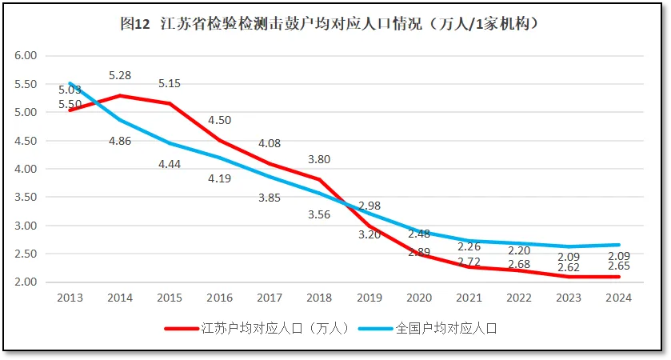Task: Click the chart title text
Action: (x=334, y=25)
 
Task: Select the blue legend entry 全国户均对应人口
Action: (x=445, y=328)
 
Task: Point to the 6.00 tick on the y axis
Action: (x=26, y=56)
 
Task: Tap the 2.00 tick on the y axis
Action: (x=26, y=282)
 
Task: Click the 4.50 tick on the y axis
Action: (x=26, y=141)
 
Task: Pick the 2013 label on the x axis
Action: (x=69, y=298)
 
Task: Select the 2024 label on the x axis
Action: (x=618, y=298)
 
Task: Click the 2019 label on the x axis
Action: (x=369, y=298)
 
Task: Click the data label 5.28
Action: (x=119, y=76)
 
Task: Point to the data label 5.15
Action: (x=170, y=83)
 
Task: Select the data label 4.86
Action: (x=119, y=141)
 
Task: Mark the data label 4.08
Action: (x=270, y=144)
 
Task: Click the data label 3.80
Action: (x=319, y=159)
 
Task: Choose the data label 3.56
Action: (x=319, y=214)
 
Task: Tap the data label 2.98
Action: (x=369, y=206)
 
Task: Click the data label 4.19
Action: (x=219, y=178)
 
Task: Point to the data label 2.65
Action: (x=619, y=266)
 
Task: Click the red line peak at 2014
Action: (x=119, y=96)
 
